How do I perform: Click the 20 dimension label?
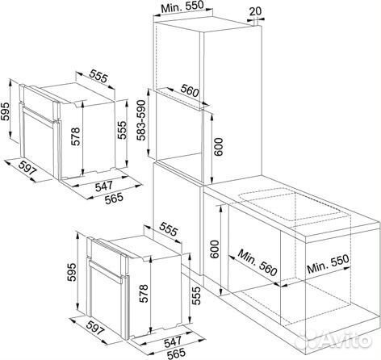pos(255,11)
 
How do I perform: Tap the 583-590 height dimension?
pos(141,120)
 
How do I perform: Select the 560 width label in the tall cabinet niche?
pos(190,90)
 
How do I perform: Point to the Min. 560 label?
pos(257,263)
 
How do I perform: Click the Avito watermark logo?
pos(333,341)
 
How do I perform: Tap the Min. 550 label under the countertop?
pos(328,264)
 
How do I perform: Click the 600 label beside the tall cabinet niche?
pos(218,147)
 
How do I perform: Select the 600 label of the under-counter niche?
pos(215,249)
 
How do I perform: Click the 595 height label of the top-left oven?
pos(5,111)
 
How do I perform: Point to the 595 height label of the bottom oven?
pos(72,272)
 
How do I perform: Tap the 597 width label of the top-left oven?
pos(27,169)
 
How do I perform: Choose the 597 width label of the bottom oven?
pos(94,326)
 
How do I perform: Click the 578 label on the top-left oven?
pos(76,136)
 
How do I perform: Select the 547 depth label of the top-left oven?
pos(104,186)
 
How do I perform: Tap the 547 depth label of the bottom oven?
pos(173,341)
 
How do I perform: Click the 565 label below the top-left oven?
pos(114,199)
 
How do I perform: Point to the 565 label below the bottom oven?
pos(177,354)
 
